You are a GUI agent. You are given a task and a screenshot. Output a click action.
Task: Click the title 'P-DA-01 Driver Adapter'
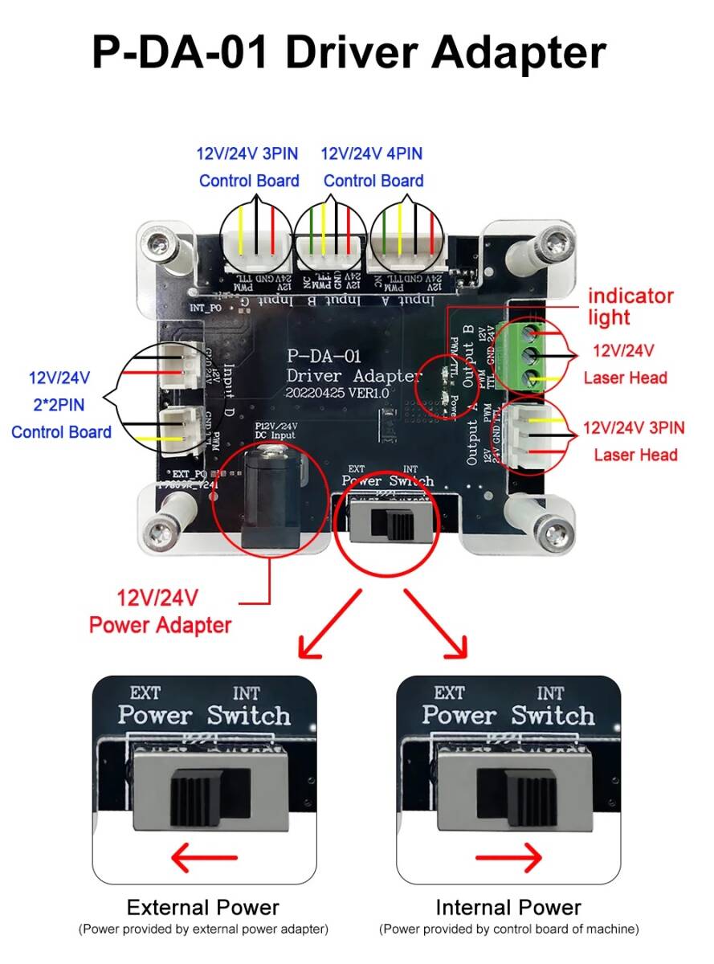tap(349, 52)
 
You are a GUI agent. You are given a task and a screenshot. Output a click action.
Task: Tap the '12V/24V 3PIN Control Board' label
tap(249, 167)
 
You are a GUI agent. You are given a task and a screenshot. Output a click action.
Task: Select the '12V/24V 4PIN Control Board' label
tap(373, 167)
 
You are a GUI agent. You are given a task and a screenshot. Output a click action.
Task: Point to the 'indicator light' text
tap(630, 306)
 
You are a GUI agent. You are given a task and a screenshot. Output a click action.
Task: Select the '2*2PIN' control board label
tap(61, 404)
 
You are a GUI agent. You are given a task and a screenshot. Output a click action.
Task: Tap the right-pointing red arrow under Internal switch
tap(508, 860)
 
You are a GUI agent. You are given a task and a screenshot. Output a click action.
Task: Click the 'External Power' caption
tap(203, 908)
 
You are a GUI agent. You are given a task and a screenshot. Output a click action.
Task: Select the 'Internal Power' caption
tap(508, 908)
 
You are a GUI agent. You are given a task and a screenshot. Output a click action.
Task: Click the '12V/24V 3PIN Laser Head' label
tap(634, 441)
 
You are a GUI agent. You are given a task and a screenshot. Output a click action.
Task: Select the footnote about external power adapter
tap(203, 929)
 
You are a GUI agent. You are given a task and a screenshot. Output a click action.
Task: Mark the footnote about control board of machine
tap(508, 929)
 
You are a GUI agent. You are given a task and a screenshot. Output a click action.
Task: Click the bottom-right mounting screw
tap(553, 530)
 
